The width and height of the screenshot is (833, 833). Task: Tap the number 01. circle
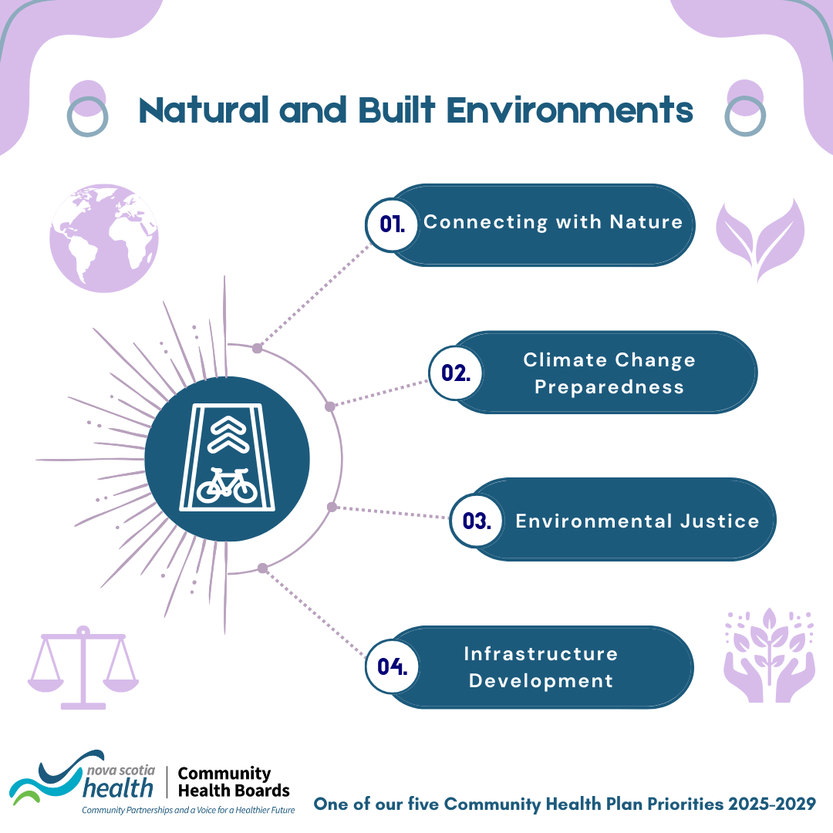pos(392,224)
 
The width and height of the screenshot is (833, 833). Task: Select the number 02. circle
pos(456,373)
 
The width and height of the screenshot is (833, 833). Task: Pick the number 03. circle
pos(477,521)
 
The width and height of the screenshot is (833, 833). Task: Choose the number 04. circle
pos(393,666)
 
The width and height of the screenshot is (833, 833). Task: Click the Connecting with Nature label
pos(553,222)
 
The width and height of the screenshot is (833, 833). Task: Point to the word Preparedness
pos(609,387)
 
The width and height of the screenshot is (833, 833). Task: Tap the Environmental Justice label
pos(638,521)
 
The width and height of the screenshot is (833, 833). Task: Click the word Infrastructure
pos(541,653)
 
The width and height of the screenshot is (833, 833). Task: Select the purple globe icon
pos(104,238)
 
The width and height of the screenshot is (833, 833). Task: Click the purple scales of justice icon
pos(83,668)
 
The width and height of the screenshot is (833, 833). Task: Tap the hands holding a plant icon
pos(769,655)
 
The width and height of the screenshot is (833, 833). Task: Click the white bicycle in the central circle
pos(227,486)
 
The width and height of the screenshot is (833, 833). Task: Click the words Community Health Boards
pos(234,782)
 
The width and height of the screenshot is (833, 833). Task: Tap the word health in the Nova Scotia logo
pos(118,787)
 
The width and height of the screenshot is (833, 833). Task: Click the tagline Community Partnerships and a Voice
pos(189,810)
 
